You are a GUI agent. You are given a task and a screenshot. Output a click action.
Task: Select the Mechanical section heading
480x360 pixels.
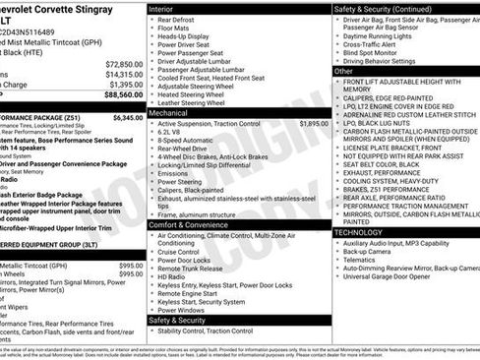click(171, 114)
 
